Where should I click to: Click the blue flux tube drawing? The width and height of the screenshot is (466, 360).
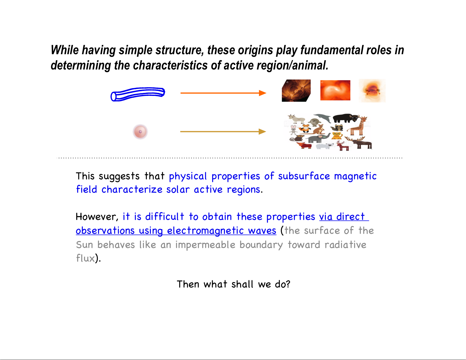pos(138,94)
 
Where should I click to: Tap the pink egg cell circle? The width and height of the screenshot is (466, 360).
pos(140,132)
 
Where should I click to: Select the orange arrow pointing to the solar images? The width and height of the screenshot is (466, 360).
pos(223,93)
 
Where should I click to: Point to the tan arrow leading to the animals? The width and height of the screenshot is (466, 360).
pos(223,131)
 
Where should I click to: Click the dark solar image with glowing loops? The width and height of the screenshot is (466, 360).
pos(296,91)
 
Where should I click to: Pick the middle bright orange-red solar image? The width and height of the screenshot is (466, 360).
pos(335,90)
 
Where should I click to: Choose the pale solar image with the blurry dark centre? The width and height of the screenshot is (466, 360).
pos(372,91)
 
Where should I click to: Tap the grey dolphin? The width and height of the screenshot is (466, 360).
pos(323,118)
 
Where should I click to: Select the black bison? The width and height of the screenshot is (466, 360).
pos(344,118)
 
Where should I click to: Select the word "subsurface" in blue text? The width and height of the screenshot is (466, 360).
pos(304,176)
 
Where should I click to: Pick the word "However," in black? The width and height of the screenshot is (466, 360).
pos(97,217)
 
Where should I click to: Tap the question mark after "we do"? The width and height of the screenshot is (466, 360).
pos(288,284)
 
